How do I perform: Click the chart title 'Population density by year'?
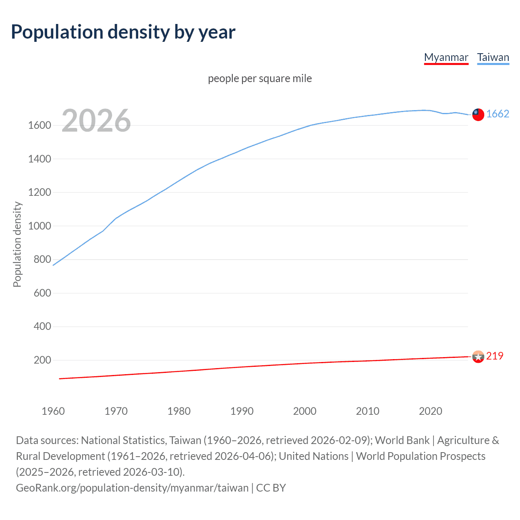pos(123,32)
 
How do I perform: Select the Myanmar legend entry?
pos(446,57)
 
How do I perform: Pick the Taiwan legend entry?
pos(493,57)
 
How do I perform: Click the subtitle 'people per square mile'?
pos(260,78)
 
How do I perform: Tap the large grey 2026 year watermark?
pos(96,121)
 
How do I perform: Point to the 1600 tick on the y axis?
pos(39,125)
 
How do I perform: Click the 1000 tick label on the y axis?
pos(39,226)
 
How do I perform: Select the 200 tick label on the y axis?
pos(42,360)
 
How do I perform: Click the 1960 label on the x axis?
pos(53,411)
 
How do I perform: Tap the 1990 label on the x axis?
pos(242,411)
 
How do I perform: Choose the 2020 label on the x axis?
pos(430,411)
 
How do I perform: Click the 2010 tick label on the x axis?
pos(368,411)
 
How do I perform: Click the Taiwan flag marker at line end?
pos(478,115)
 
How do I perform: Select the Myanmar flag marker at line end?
pos(478,357)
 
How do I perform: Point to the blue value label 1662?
pos(498,114)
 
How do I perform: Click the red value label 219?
pos(494,356)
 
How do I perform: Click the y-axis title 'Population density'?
pos(17,245)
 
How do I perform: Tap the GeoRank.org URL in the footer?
pos(132,487)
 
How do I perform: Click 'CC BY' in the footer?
pos(271,487)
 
